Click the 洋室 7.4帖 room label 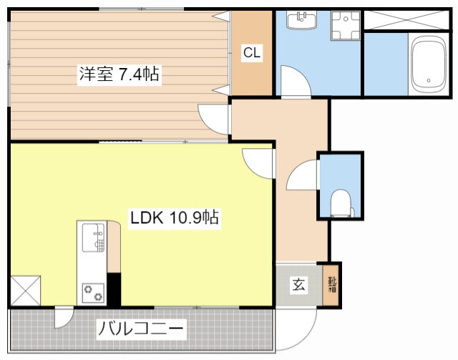point(120,73)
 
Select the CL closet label point(252,53)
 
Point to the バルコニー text point(141,330)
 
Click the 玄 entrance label point(298,285)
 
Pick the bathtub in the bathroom point(429,66)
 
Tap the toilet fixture point(341,203)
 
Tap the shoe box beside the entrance point(332,286)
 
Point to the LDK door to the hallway point(260,162)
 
